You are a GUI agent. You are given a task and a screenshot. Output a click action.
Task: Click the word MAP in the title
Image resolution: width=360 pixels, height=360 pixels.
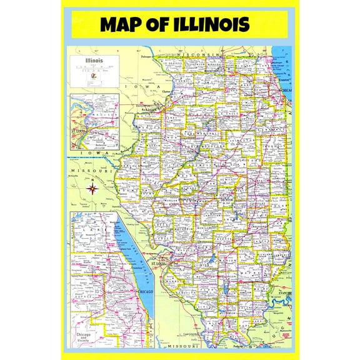click(x=122, y=24)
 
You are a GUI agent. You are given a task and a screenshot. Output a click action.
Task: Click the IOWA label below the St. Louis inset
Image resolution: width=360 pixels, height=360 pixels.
click(x=94, y=153)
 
